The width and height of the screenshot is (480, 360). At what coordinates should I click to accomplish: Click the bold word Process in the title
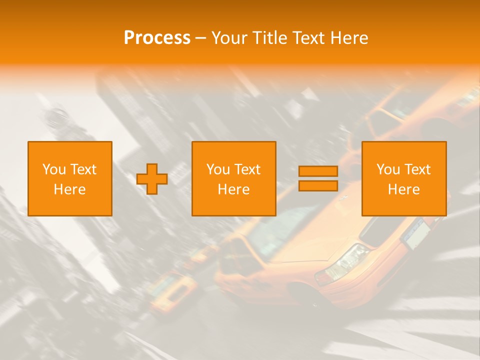157,38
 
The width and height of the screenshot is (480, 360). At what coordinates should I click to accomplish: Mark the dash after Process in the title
200,38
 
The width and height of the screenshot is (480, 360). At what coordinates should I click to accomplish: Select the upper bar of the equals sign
318,171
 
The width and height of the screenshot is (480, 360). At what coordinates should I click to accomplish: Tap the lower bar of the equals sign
318,185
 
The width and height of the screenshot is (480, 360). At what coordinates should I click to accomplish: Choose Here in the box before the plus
69,189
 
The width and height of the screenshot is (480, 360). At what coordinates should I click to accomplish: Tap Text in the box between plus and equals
247,169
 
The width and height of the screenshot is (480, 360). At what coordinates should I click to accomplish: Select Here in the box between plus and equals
233,189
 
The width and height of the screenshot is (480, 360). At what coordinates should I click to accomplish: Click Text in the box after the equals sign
417,169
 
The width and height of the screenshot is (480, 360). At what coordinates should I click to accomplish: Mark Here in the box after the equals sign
403,189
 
